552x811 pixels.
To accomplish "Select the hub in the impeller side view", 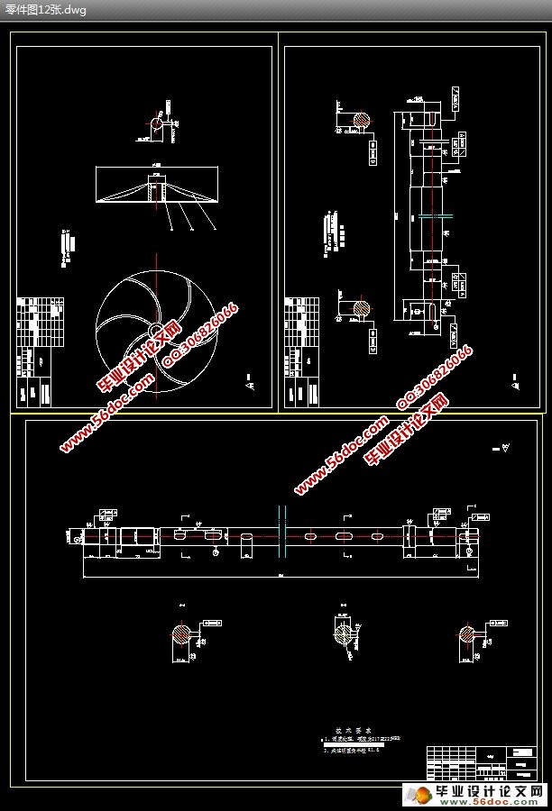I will click(x=157, y=192).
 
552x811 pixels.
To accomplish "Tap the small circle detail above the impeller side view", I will click(x=157, y=123).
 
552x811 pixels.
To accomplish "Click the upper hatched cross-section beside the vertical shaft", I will click(x=361, y=122).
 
